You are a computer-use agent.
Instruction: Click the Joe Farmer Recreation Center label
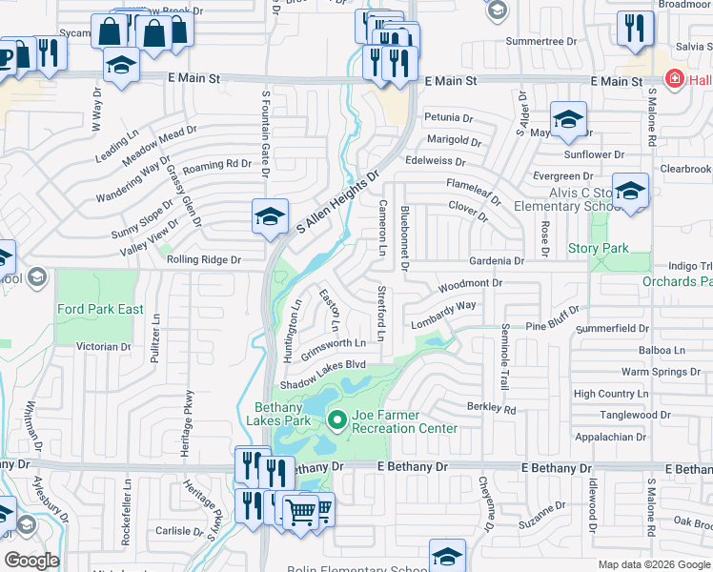(404, 421)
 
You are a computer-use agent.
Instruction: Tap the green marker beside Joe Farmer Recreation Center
(336, 419)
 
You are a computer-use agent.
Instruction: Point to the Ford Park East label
(100, 309)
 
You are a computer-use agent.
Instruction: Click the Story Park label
(598, 249)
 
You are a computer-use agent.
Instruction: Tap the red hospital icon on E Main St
(674, 79)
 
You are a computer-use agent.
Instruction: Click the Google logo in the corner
(31, 561)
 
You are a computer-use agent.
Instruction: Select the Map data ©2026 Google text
(654, 564)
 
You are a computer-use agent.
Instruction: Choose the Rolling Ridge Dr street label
(204, 259)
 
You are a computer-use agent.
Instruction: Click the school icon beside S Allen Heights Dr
(270, 215)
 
